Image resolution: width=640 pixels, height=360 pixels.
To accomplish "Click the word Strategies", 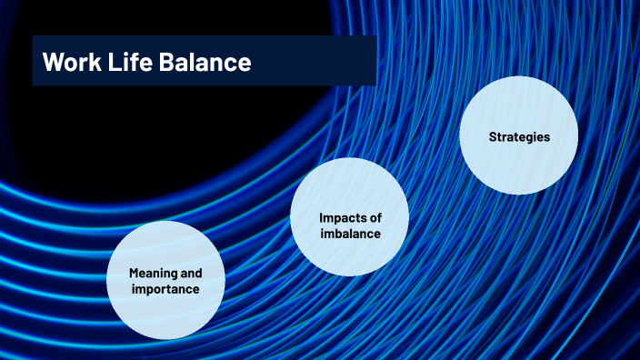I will [x=519, y=137].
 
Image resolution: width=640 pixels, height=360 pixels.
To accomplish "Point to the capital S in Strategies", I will [x=492, y=137].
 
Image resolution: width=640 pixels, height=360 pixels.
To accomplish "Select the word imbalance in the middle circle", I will [x=350, y=234].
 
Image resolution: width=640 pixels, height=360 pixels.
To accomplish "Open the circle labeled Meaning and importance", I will [x=166, y=280].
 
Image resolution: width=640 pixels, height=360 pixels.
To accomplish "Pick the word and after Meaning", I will [x=191, y=273].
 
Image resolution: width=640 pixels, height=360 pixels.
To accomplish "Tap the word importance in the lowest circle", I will [x=165, y=289].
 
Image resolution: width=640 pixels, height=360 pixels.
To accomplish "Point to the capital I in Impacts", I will [x=322, y=218].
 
